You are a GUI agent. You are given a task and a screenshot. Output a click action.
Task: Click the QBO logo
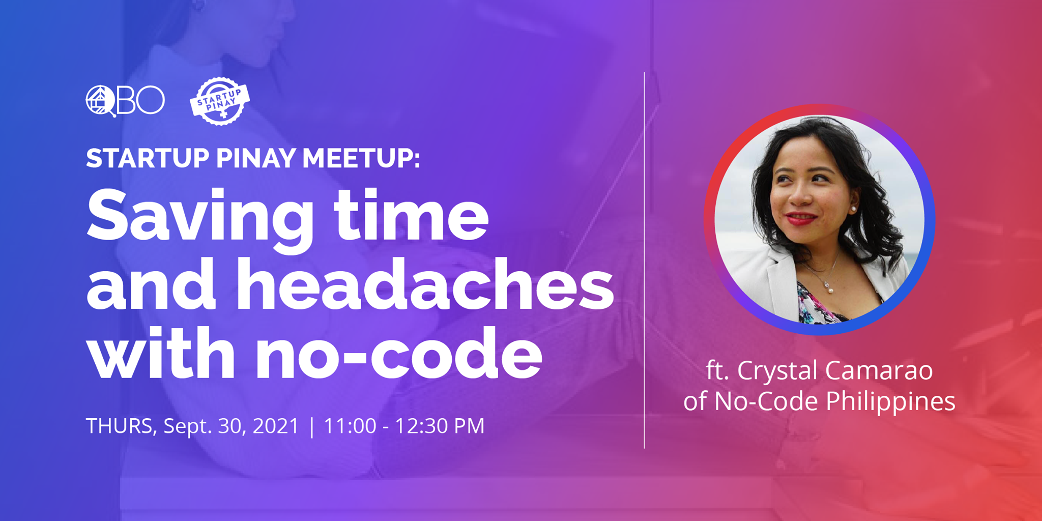coord(125,100)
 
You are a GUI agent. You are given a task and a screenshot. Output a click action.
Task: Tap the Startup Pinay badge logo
coord(220,101)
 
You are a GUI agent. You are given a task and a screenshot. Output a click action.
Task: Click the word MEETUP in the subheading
coord(361,158)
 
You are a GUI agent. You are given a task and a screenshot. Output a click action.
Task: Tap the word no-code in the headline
coord(399,353)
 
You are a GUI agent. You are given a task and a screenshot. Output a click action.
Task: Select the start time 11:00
coord(350,426)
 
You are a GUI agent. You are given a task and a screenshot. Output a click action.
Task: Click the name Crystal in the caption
coord(778,370)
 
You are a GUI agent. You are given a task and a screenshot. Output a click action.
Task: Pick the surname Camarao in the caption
coord(879,370)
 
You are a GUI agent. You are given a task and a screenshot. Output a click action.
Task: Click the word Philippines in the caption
coord(890,401)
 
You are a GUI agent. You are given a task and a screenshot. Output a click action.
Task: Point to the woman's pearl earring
coord(853,209)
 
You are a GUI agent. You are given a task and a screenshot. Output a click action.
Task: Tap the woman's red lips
coord(800,219)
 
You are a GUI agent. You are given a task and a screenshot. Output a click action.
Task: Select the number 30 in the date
coord(229,426)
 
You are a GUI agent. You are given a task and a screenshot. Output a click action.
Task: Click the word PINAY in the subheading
coord(256,158)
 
